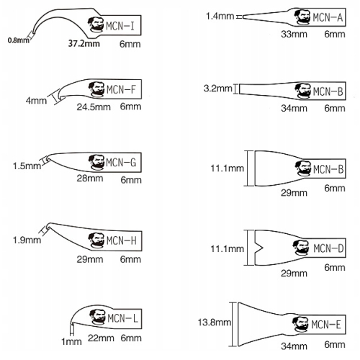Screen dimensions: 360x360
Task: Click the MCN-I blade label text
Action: point(120,26)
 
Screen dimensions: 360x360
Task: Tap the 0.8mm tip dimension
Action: point(19,40)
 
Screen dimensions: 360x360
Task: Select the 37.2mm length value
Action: point(84,43)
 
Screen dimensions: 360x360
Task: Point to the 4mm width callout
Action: point(36,101)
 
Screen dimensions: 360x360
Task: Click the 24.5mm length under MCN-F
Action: point(94,107)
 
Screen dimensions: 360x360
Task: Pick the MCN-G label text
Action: point(121,163)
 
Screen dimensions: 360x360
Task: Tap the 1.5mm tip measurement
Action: point(27,166)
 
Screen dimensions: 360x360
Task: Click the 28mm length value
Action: point(90,179)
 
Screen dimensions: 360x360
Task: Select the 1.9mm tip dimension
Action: point(27,240)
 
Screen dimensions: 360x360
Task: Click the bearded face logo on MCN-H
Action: point(96,240)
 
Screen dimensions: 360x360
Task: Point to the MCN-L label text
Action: point(122,318)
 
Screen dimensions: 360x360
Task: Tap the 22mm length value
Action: point(101,338)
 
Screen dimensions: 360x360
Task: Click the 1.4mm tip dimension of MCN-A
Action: point(220,17)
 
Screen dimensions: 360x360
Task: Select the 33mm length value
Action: point(294,34)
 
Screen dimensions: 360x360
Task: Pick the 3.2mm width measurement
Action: point(217,89)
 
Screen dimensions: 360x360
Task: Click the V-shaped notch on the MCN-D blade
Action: point(258,248)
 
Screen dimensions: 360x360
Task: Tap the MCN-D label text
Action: point(328,248)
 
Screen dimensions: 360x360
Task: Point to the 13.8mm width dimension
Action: point(215,323)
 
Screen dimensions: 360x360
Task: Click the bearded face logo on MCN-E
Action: point(300,324)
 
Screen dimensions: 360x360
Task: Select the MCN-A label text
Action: point(328,17)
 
